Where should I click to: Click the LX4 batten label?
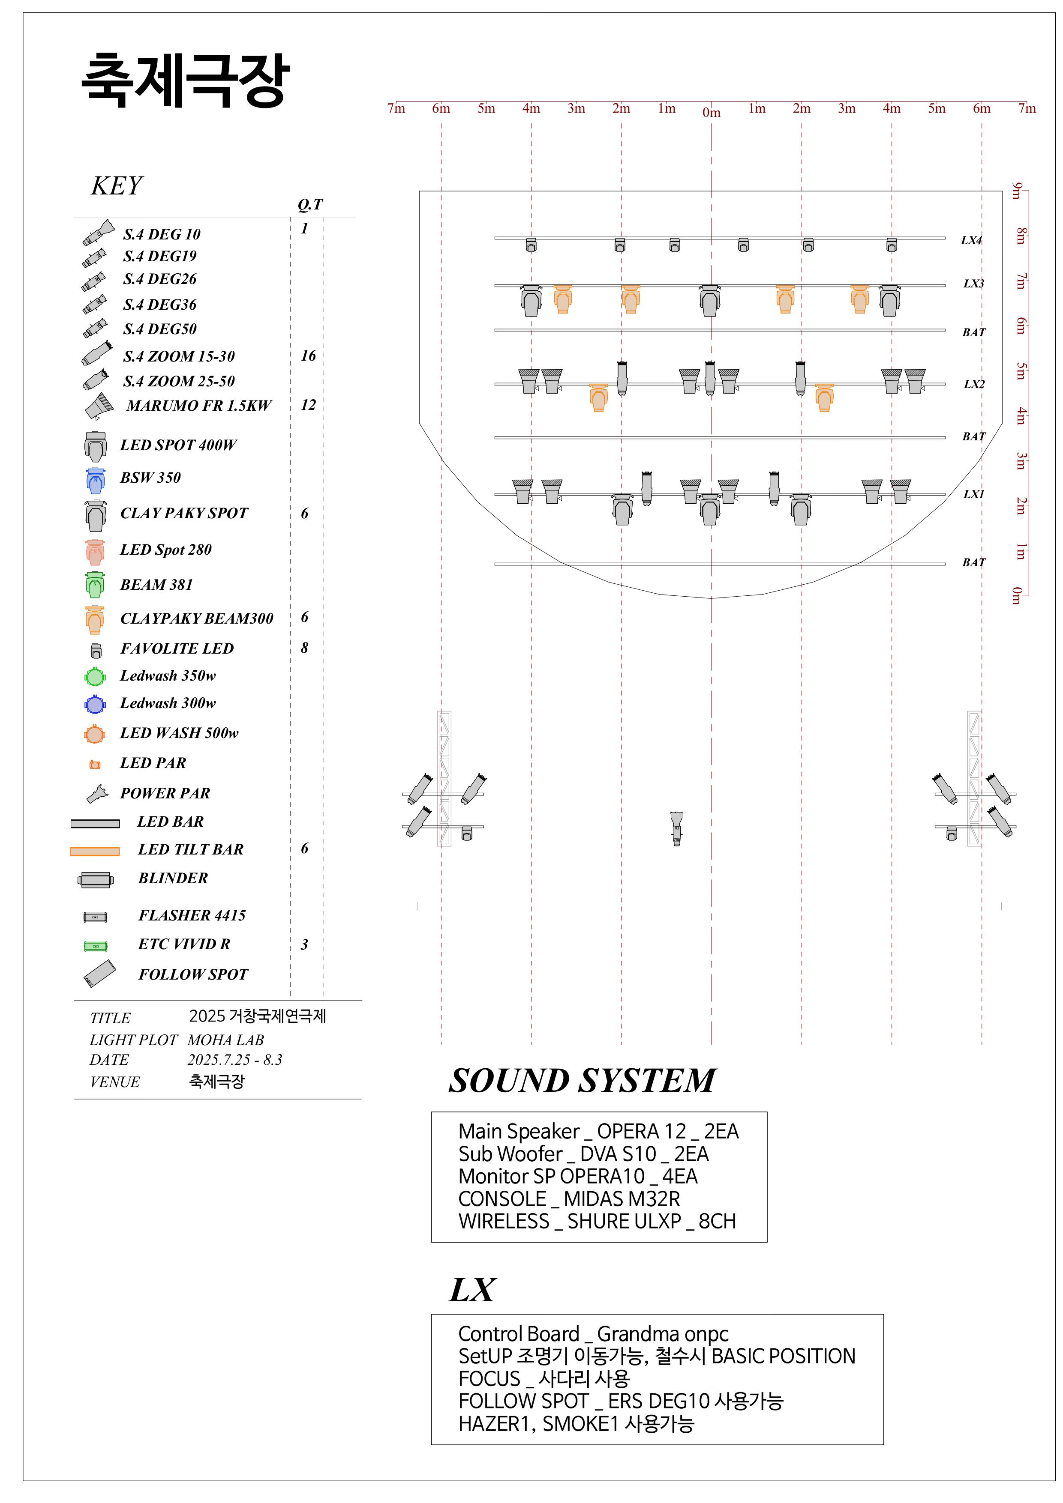[x=971, y=240]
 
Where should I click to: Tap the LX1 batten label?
[x=974, y=494]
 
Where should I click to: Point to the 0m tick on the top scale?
[x=711, y=113]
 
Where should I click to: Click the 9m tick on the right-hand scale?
[x=1016, y=191]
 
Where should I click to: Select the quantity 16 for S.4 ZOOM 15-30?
[x=308, y=356]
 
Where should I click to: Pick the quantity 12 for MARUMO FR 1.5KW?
[x=308, y=404]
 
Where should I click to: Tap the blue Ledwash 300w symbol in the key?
[x=95, y=704]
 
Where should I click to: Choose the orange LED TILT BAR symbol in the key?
[x=95, y=851]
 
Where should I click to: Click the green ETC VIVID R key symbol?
[x=96, y=946]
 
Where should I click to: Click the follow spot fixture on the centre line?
[x=676, y=828]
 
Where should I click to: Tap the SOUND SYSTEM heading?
[x=582, y=1080]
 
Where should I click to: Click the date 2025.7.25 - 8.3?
[x=234, y=1059]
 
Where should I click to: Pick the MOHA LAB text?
[x=225, y=1040]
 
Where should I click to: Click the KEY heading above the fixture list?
[x=117, y=186]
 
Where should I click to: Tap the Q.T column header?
[x=310, y=204]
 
